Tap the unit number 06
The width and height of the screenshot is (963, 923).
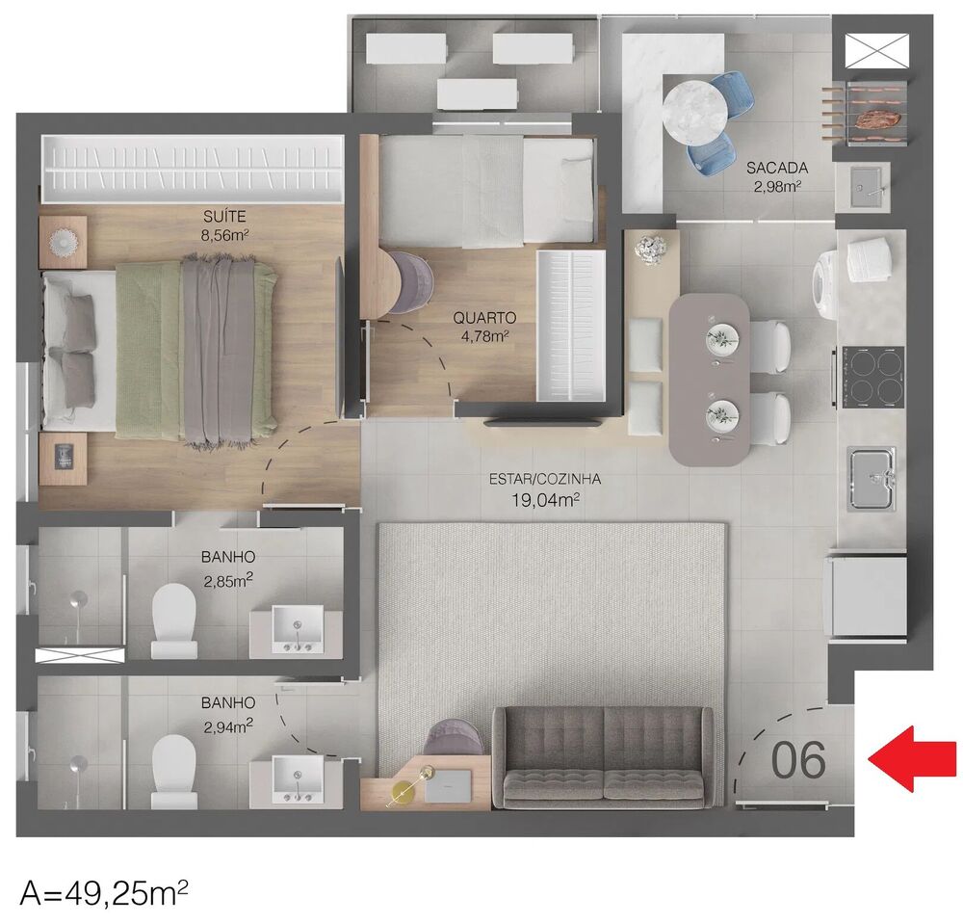click(798, 760)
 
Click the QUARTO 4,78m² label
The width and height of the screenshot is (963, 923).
click(485, 326)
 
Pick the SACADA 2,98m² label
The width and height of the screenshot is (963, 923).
click(776, 175)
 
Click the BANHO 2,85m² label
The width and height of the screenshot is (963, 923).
click(228, 568)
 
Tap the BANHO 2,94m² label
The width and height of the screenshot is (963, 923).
click(228, 713)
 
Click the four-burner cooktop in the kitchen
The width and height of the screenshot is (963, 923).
click(872, 377)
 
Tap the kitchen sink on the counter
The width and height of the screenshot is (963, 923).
click(872, 478)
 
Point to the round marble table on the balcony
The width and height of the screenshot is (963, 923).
click(694, 109)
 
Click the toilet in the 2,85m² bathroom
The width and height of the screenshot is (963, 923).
click(173, 617)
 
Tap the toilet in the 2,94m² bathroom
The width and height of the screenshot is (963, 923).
click(174, 770)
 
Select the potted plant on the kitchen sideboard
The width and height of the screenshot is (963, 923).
click(650, 248)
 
